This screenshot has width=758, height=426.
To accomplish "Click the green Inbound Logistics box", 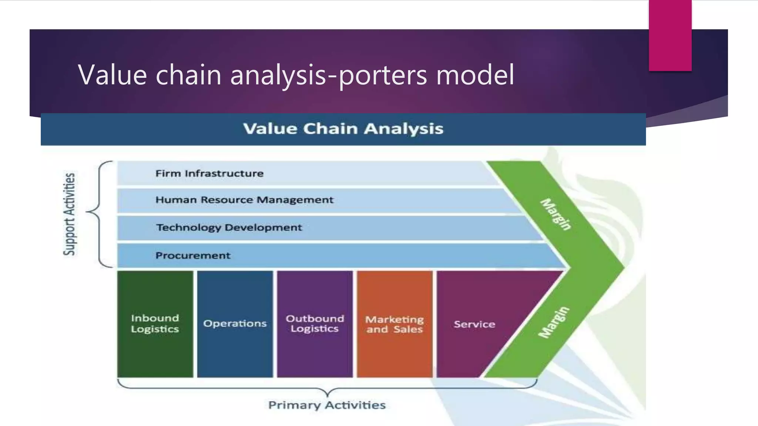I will pos(155,324).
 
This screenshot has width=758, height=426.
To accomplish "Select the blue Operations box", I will pos(235,324).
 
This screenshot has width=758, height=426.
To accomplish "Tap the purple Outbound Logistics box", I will pos(315,324).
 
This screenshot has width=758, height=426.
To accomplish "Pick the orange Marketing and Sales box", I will pos(395,324).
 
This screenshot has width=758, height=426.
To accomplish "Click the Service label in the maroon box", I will pos(474,324).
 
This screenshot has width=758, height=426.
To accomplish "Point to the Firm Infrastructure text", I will pos(209,173).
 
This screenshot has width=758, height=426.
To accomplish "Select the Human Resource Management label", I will pos(244,200).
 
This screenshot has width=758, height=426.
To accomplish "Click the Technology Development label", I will pos(229,227).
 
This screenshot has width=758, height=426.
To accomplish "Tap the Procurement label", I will pos(193,256).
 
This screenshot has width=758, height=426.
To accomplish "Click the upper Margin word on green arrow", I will pos(556,214).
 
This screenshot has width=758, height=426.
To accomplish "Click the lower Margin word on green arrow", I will pos(554,322).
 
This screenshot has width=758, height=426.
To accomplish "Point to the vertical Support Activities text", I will pos(69,214).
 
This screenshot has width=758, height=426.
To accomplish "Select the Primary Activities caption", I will pos(327,405).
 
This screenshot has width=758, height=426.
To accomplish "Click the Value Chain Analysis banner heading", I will pos(343,129).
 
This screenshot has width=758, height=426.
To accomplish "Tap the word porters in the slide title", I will pos(383,75).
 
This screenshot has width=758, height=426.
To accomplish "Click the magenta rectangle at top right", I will pos(670,35).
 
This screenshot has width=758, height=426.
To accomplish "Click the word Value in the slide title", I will pos(113,75).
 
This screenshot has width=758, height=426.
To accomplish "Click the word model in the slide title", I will pos(475,75).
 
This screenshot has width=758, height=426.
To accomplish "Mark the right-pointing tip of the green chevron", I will pos(623,267).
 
